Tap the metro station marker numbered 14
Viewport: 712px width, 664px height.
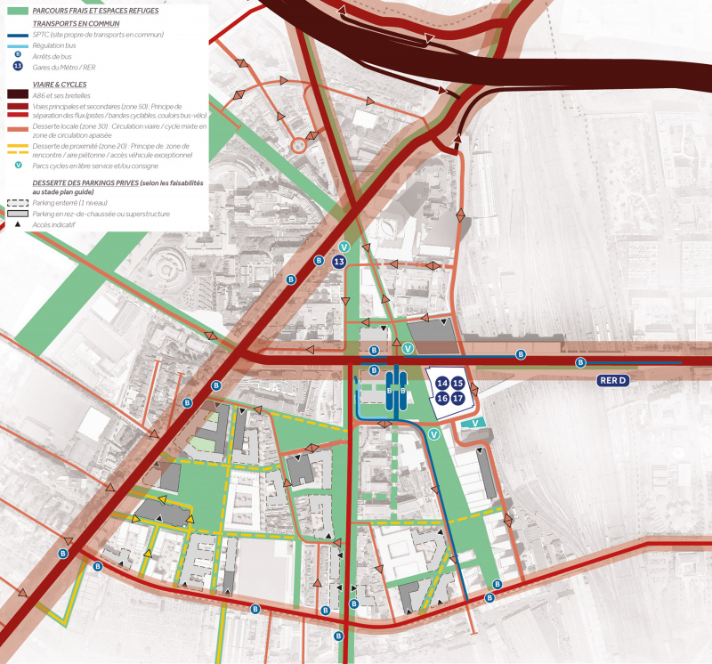(x=442, y=384)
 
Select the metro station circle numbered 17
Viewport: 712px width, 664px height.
(x=457, y=398)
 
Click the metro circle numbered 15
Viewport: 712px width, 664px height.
(x=457, y=384)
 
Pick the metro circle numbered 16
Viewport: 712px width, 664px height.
(x=442, y=398)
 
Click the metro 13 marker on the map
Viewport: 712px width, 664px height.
(x=338, y=263)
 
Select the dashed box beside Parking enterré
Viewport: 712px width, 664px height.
(x=18, y=203)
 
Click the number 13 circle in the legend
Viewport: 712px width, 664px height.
(x=18, y=68)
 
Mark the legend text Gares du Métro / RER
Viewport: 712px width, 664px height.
(x=64, y=68)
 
